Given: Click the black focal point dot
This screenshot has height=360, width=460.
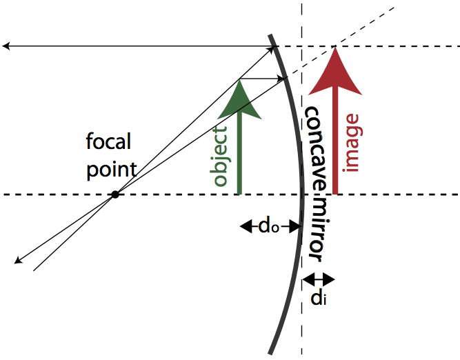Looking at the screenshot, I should pyautogui.click(x=115, y=194).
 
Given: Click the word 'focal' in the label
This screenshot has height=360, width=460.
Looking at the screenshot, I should pyautogui.click(x=108, y=143).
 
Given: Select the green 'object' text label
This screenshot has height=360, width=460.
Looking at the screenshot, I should pyautogui.click(x=220, y=157).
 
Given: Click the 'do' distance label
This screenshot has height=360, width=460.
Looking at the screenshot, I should pyautogui.click(x=268, y=226).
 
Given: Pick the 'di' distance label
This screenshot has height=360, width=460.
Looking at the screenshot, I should pyautogui.click(x=318, y=299).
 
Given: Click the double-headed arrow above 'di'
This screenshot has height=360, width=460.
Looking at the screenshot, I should pyautogui.click(x=319, y=279).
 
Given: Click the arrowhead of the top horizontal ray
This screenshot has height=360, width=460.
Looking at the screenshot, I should pyautogui.click(x=6, y=46).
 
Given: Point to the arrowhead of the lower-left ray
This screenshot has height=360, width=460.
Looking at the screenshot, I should pyautogui.click(x=17, y=261).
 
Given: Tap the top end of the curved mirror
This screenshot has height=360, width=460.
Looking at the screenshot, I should pyautogui.click(x=271, y=34).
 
